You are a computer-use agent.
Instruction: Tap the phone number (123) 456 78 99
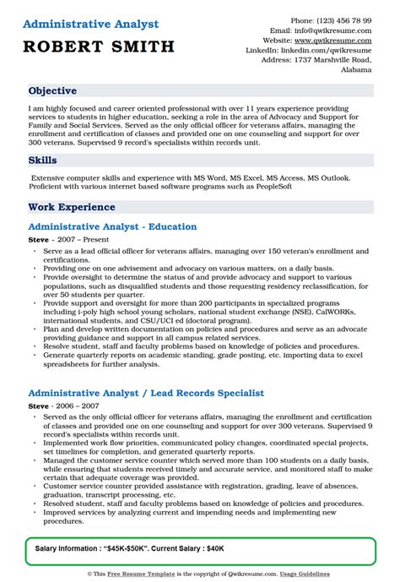point(342,19)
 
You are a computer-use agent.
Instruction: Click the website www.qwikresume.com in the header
point(338,40)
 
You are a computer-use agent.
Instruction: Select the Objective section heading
point(52,91)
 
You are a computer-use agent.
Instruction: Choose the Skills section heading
point(43,160)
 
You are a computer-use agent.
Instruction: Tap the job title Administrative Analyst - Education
point(112,226)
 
